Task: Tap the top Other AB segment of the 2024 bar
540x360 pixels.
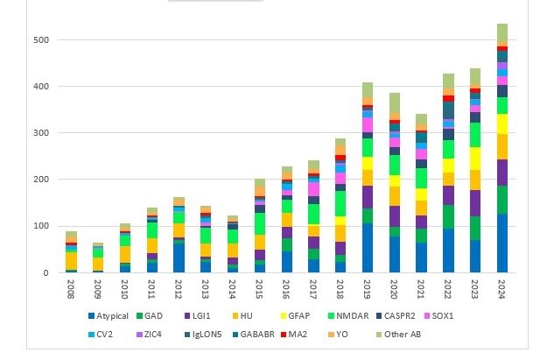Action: [x=502, y=33]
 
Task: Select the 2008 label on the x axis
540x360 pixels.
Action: [x=71, y=287]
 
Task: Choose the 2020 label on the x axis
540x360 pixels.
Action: [x=395, y=287]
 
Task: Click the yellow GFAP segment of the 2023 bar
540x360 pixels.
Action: [x=475, y=158]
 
